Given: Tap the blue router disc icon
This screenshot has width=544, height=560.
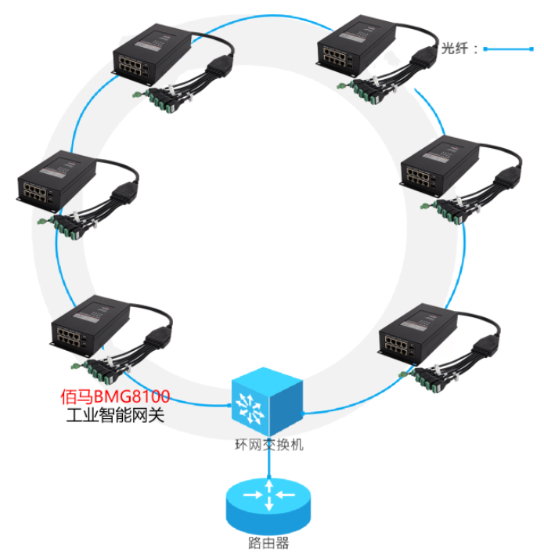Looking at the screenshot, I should tap(268, 501).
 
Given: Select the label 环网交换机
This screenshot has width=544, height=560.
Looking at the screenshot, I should tap(268, 445).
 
